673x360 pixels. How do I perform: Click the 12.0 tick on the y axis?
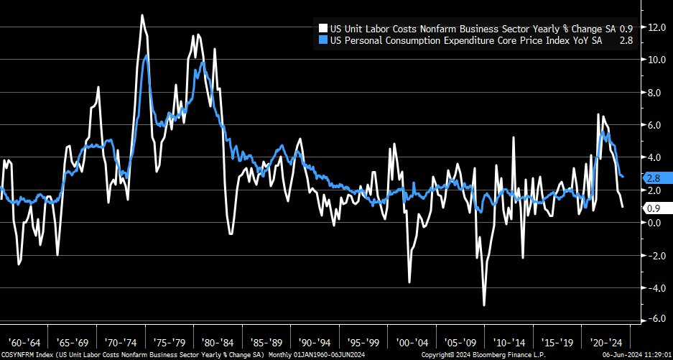point(654,27)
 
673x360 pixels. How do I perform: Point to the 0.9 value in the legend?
point(626,29)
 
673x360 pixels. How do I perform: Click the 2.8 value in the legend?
point(626,41)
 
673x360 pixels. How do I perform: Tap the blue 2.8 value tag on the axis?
point(653,177)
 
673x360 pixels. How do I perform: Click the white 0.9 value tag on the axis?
point(653,208)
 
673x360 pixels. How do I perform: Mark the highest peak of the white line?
point(141,15)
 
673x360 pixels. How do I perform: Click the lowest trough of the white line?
point(484,305)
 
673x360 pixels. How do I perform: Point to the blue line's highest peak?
point(146,56)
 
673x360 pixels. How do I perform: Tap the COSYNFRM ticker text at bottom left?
point(17,355)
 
